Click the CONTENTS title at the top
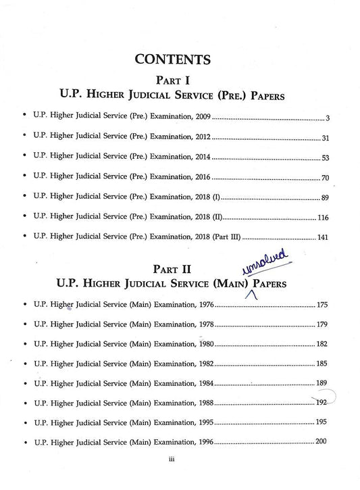pyautogui.click(x=172, y=59)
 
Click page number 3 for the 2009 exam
pyautogui.click(x=327, y=119)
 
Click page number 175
pyautogui.click(x=322, y=305)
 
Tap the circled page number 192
pyautogui.click(x=322, y=403)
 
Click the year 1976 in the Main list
pyautogui.click(x=207, y=305)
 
